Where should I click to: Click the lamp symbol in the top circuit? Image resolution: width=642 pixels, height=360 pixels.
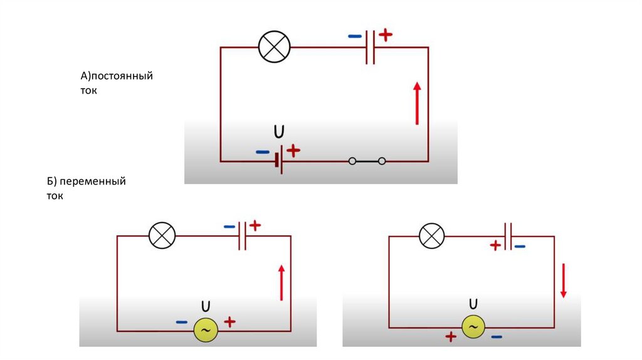(275, 46)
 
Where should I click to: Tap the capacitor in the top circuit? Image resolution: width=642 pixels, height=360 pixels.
(370, 47)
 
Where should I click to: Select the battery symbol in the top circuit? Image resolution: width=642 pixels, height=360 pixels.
(279, 161)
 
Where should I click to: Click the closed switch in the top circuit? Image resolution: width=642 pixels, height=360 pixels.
(367, 161)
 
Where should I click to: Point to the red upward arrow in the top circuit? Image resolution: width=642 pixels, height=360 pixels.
(417, 103)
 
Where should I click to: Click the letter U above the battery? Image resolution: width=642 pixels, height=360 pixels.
(279, 132)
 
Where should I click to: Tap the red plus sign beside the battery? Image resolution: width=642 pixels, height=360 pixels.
(293, 151)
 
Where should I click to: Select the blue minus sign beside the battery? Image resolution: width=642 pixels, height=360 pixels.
(263, 152)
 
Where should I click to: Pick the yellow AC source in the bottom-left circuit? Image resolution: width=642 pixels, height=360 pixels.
(206, 330)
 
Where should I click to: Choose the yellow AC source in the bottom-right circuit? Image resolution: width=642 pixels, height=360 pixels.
(473, 327)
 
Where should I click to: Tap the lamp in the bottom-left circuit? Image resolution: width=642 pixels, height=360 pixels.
(162, 236)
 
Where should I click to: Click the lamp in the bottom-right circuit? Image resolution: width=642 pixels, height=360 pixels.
(432, 236)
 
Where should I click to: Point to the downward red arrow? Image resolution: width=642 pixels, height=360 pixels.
(564, 280)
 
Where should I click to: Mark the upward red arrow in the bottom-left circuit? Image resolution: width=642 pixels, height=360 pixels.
(282, 283)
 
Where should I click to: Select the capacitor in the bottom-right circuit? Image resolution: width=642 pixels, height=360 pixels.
(508, 236)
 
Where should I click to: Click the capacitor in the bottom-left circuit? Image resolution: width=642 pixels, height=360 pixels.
(243, 236)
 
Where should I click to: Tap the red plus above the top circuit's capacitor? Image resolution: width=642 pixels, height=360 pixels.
(386, 35)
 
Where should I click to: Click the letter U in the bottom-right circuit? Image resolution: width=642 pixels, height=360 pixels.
(473, 304)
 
